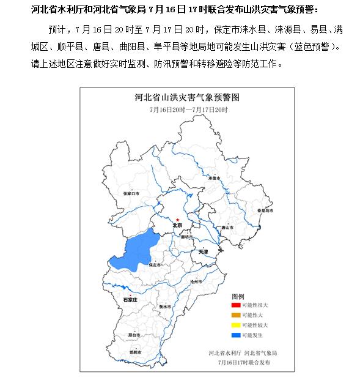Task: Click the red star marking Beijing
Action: coord(177,220)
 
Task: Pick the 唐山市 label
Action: coord(228,227)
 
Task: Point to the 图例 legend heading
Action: coord(238,295)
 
